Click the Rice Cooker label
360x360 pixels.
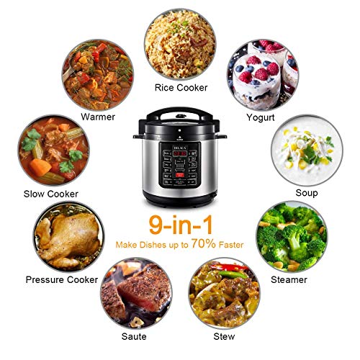coord(181,88)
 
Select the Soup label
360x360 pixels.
coord(307,192)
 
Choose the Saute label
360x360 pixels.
coord(134,336)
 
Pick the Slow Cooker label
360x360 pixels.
coord(51,193)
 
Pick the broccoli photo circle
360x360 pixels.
coord(292,237)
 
